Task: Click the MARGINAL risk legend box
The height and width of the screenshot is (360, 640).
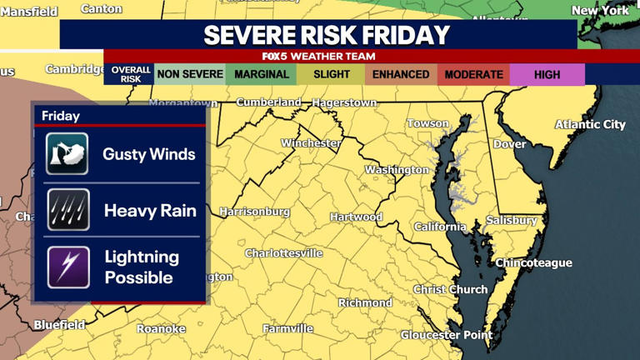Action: pyautogui.click(x=262, y=74)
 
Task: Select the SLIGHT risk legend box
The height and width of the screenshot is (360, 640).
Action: pyautogui.click(x=332, y=74)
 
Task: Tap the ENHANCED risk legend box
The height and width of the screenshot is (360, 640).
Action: pyautogui.click(x=401, y=74)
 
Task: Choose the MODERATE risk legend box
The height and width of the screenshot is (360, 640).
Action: pyautogui.click(x=473, y=74)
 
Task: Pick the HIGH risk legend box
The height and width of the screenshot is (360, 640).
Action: pyautogui.click(x=547, y=74)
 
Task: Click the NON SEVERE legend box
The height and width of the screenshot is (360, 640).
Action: pyautogui.click(x=190, y=74)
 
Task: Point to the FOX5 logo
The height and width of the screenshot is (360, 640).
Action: pyautogui.click(x=274, y=57)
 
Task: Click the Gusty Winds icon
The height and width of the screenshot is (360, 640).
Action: pyautogui.click(x=67, y=154)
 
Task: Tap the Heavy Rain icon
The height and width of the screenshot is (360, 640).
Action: pyautogui.click(x=67, y=210)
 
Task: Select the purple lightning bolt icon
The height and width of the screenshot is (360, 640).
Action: pyautogui.click(x=67, y=267)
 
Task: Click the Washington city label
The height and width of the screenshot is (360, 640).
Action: pyautogui.click(x=397, y=169)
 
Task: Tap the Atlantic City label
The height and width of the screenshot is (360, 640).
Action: pyautogui.click(x=590, y=124)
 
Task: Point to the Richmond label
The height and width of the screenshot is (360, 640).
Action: pyautogui.click(x=365, y=302)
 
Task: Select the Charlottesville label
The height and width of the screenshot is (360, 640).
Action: pyautogui.click(x=283, y=253)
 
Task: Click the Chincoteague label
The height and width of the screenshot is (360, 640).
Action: pyautogui.click(x=533, y=262)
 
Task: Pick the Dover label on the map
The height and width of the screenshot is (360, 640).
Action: pyautogui.click(x=509, y=144)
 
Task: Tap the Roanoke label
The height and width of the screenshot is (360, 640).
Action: pyautogui.click(x=161, y=328)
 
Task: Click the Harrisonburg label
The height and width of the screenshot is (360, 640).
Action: pyautogui.click(x=254, y=212)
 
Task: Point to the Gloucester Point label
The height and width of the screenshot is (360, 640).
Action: pyautogui.click(x=446, y=335)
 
